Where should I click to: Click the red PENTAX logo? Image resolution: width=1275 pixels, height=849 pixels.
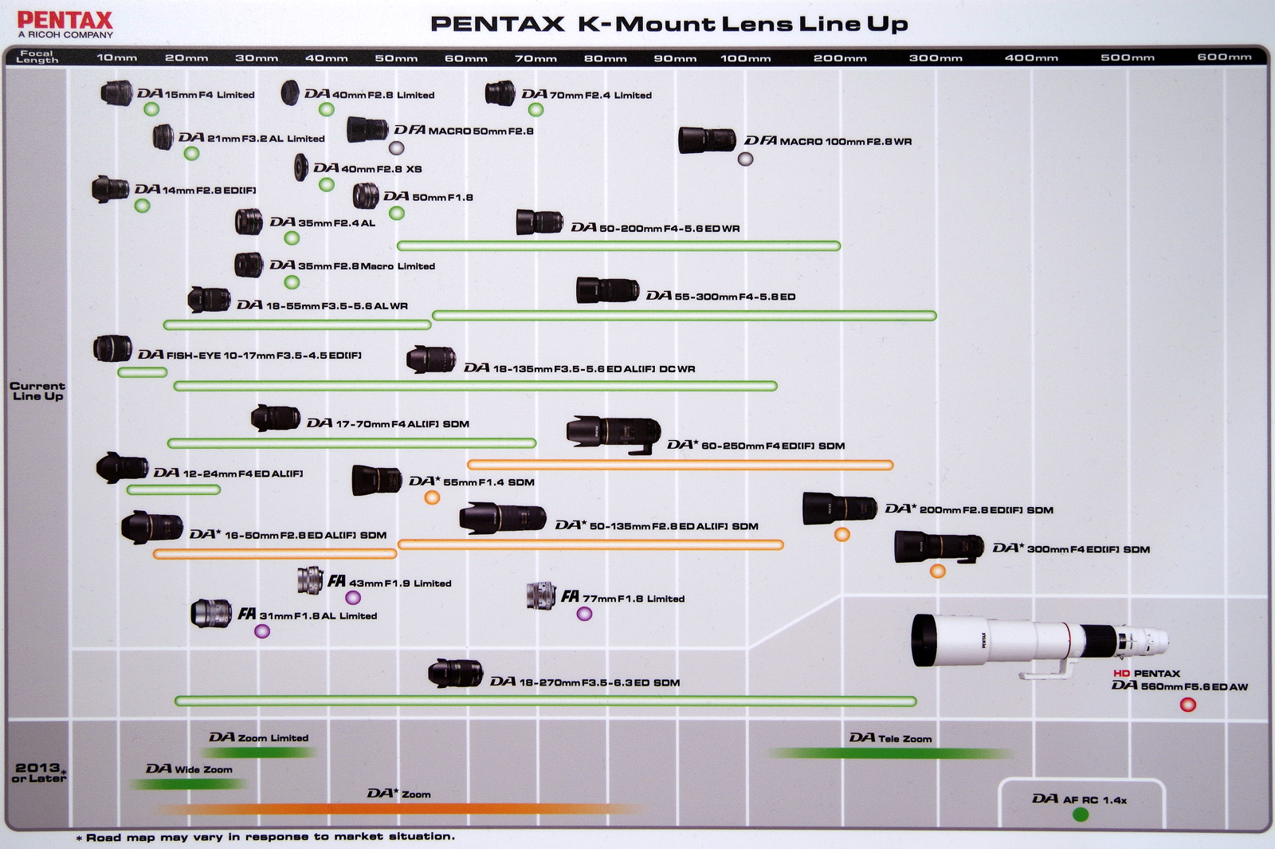tap(65, 20)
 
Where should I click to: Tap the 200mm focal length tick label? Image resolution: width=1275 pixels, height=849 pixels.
tap(840, 58)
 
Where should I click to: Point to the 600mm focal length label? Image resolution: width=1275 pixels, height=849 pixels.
tap(1224, 57)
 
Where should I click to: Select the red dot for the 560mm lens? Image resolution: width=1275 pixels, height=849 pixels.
tap(1187, 705)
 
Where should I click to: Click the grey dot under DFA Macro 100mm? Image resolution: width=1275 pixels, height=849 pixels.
tap(745, 159)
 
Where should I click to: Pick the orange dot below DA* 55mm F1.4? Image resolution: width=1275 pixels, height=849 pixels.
tap(432, 498)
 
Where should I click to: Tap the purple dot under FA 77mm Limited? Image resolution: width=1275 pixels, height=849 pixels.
tap(584, 614)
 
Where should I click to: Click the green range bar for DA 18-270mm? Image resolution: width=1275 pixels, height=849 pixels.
tap(545, 702)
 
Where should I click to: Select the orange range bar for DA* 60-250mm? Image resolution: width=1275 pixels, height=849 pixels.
tap(680, 465)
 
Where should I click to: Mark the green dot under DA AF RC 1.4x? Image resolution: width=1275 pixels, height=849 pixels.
tap(1081, 814)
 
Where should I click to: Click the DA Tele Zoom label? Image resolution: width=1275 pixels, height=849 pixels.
tap(890, 738)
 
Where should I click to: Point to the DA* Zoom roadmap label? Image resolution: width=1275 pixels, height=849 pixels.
tap(398, 794)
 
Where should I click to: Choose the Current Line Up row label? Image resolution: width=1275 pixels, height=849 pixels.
tap(37, 391)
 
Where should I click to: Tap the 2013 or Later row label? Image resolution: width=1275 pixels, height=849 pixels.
tap(38, 772)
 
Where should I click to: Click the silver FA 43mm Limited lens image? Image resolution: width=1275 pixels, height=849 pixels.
tap(310, 580)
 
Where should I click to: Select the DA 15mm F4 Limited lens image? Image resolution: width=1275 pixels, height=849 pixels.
tap(116, 93)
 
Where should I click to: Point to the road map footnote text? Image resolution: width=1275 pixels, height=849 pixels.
tap(266, 837)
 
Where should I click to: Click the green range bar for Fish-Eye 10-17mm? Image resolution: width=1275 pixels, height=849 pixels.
tap(142, 372)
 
